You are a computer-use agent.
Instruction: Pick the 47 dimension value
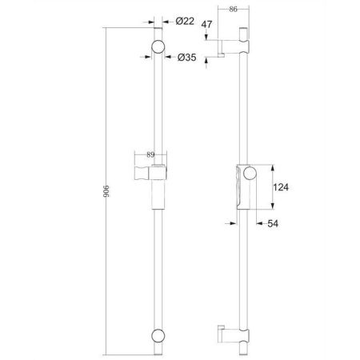(206, 26)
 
